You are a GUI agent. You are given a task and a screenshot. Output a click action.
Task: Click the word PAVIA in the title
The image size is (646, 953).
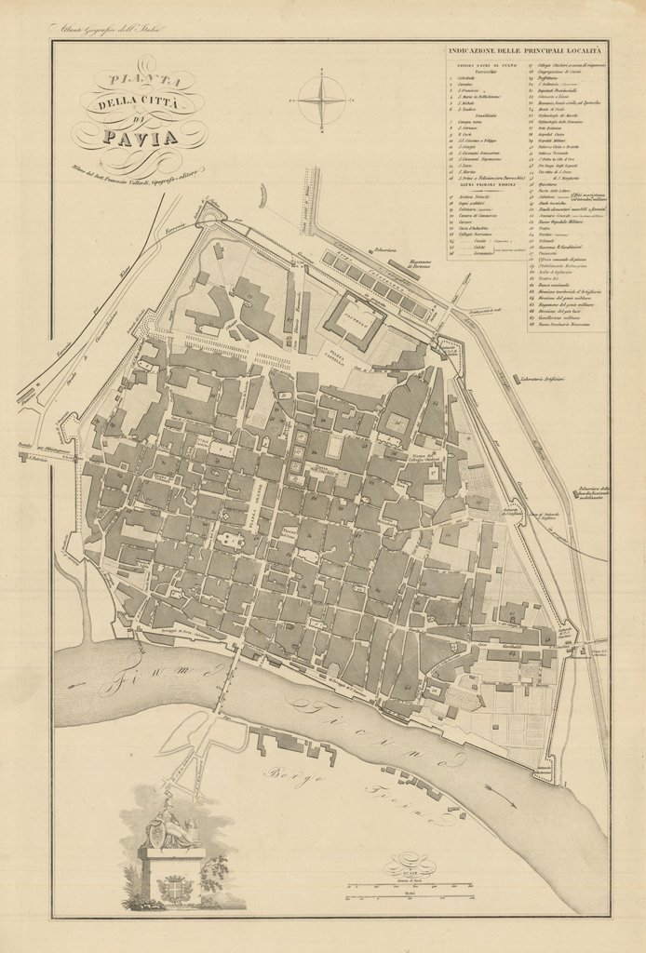(x=140, y=140)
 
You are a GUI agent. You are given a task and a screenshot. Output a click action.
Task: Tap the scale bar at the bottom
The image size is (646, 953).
(x=475, y=888)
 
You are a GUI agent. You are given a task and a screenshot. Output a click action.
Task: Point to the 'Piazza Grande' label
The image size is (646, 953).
(x=260, y=511)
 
